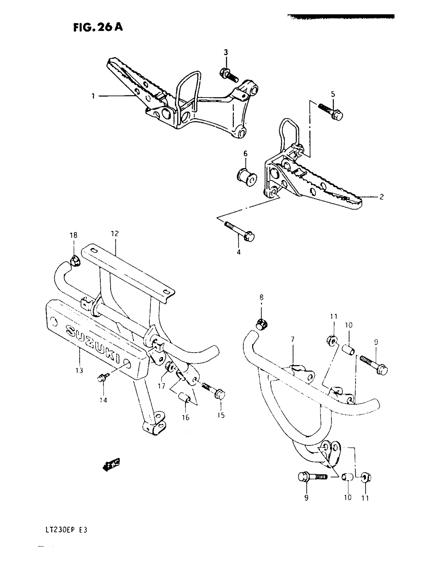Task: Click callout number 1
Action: [93, 96]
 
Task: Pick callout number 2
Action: [382, 197]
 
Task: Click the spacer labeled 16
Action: [185, 398]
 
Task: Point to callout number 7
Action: [292, 340]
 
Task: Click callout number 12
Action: [115, 234]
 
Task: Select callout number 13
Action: [79, 371]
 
